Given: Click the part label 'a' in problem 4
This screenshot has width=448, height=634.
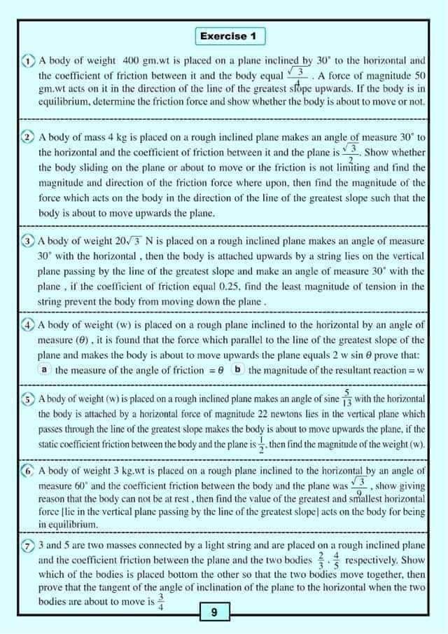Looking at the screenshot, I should coord(44,369).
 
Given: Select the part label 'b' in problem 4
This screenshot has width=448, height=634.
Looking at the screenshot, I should coord(238,369).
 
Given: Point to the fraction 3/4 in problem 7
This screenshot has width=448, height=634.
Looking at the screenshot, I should coord(160,601).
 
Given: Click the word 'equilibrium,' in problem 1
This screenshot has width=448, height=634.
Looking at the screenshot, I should coord(69,102).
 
